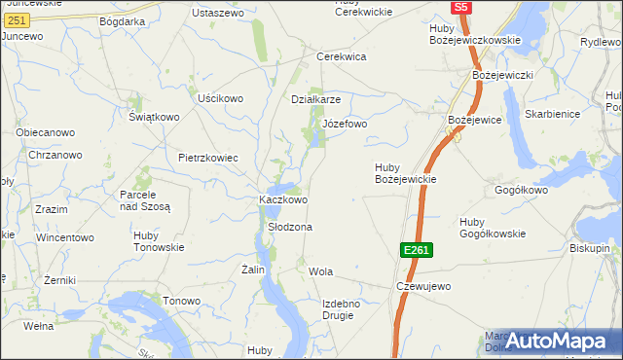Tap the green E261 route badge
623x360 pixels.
[416, 251]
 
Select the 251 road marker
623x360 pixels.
[16, 19]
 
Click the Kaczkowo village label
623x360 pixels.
[283, 199]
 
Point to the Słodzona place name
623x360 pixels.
[290, 227]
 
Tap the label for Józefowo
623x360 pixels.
[345, 125]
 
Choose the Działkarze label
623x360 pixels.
[316, 99]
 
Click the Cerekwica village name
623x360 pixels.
[341, 56]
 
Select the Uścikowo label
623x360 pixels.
[220, 98]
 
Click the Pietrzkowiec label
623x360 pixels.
[208, 158]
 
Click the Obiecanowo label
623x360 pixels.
[45, 132]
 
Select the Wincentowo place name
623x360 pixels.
[65, 237]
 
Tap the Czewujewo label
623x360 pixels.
[423, 286]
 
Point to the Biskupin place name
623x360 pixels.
[590, 248]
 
